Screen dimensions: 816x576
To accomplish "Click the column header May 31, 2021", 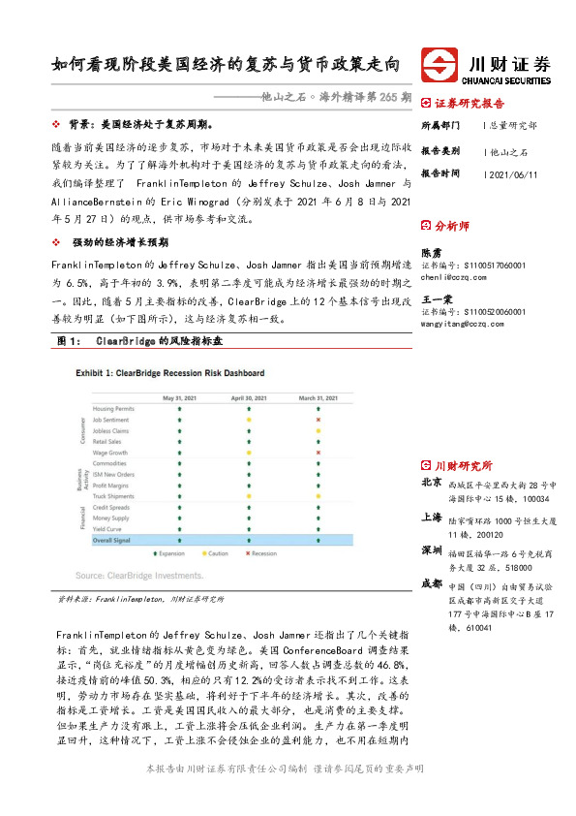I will coord(180,397).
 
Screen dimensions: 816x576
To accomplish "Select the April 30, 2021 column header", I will coord(249,397).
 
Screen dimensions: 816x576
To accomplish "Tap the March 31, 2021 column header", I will coord(318,397).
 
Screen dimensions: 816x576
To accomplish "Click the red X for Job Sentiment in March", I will coord(318,420).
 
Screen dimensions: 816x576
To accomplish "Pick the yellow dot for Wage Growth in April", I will coord(249,453).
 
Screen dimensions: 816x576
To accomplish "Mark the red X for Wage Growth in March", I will coord(318,453).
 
